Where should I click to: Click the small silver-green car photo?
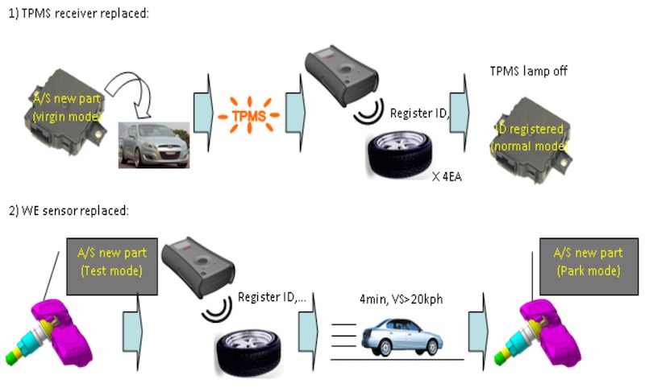(154, 144)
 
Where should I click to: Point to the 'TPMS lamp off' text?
(529, 71)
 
